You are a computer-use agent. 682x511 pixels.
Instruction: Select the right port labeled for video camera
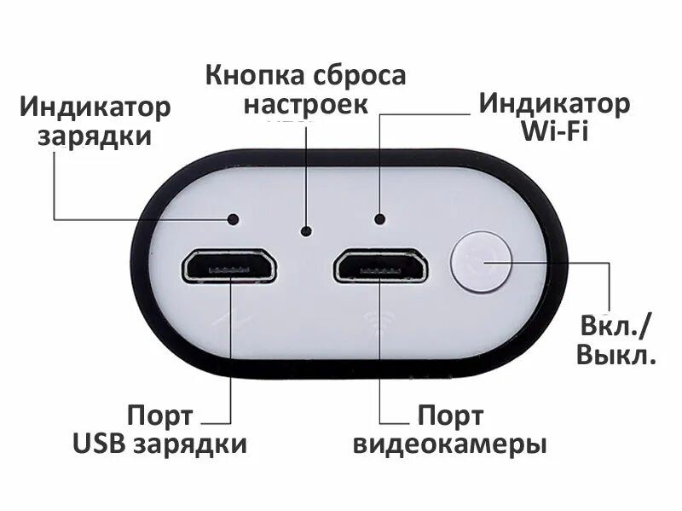[x=380, y=266]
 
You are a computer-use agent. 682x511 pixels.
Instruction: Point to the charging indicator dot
[x=232, y=219]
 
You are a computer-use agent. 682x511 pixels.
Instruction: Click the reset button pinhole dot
[x=307, y=230]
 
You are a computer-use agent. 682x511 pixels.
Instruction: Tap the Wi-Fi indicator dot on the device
[x=379, y=219]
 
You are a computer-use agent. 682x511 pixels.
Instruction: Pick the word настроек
[x=306, y=105]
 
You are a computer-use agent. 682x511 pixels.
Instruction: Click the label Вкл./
[x=615, y=325]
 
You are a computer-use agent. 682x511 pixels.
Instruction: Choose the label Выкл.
[x=616, y=355]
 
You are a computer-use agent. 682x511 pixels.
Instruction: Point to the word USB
[x=98, y=444]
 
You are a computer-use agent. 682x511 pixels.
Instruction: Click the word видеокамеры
[x=449, y=445]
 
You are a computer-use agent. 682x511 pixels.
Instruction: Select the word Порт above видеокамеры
[x=449, y=416]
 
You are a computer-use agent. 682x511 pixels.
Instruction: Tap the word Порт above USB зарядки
[x=160, y=416]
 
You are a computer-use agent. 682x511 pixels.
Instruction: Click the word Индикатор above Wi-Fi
[x=554, y=103]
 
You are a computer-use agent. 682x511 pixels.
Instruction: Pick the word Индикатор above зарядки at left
[x=95, y=107]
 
